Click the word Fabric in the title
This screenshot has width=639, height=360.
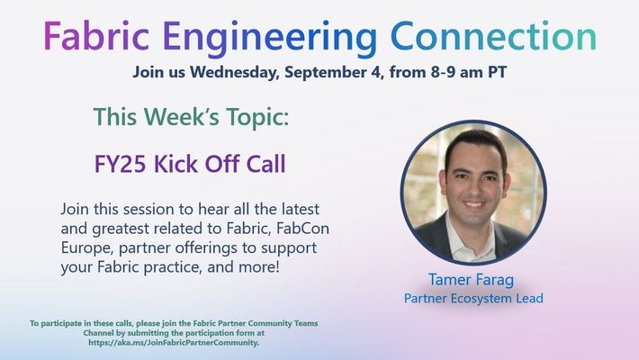(96, 36)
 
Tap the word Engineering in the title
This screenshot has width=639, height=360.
(270, 39)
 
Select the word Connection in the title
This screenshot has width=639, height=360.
(493, 36)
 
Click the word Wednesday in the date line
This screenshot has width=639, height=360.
(234, 72)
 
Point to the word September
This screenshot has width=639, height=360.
(334, 73)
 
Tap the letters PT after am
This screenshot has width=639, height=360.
(498, 72)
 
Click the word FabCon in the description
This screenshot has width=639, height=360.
(302, 229)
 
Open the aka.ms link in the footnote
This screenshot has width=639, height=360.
(174, 343)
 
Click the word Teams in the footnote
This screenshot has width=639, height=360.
(307, 323)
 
